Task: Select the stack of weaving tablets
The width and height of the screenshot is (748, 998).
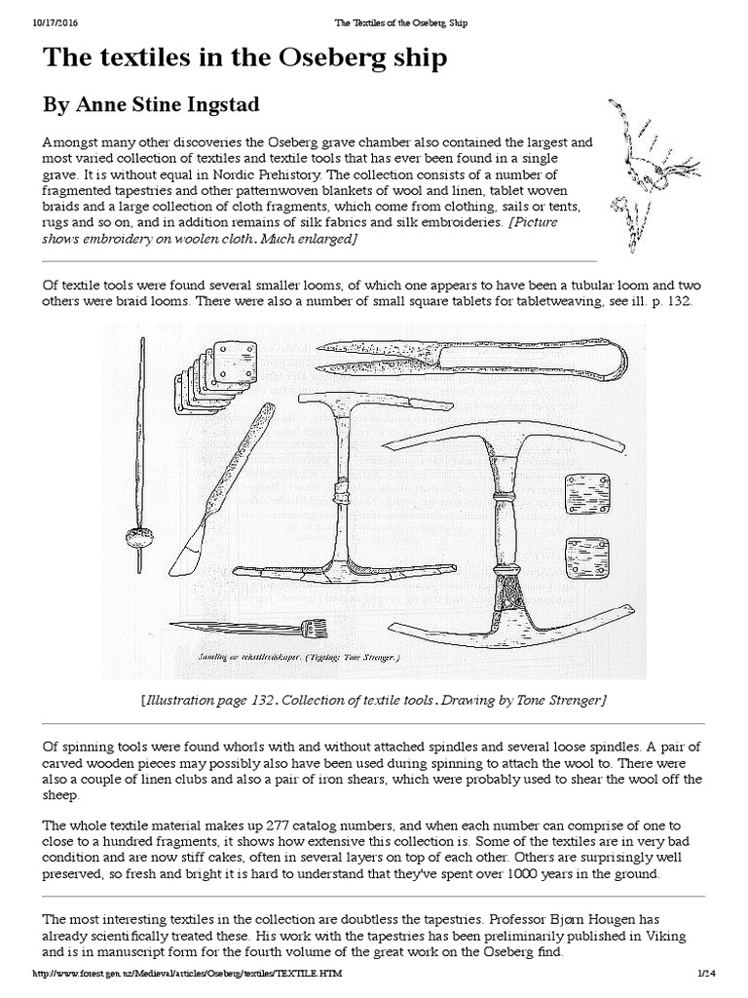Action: (215, 376)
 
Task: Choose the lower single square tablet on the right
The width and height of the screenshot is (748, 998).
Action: (586, 557)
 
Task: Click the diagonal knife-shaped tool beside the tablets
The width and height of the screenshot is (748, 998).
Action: (225, 487)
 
